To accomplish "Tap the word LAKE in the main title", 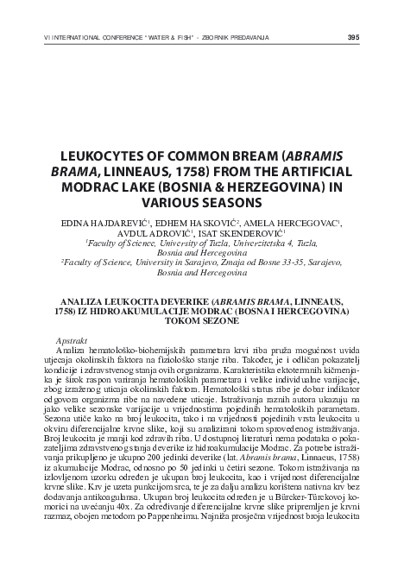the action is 159,187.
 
